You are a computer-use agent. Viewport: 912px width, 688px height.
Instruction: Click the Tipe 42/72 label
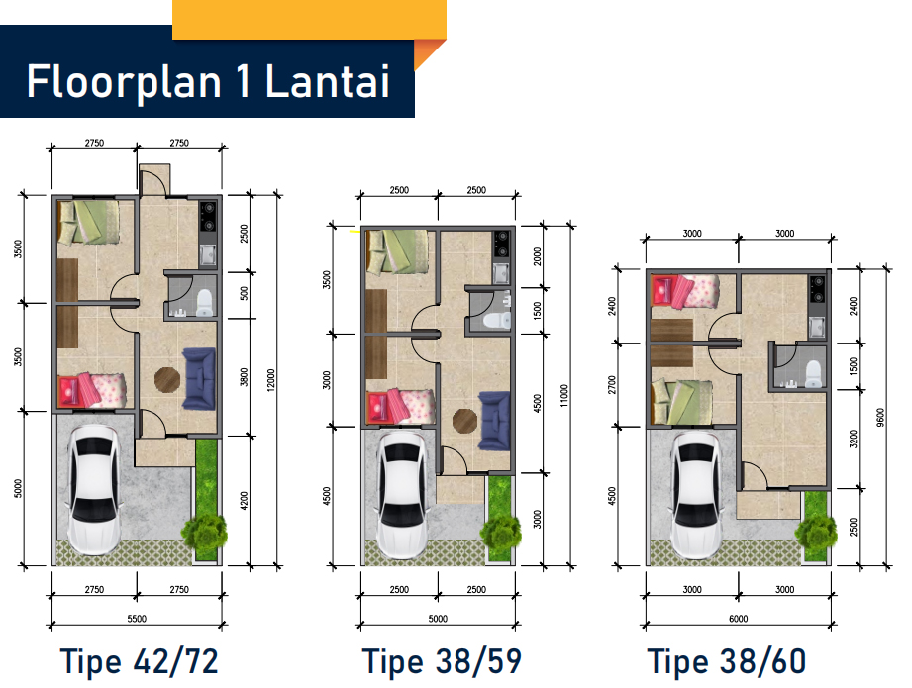pos(139,662)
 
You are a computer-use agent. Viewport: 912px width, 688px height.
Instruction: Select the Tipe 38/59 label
pos(442,662)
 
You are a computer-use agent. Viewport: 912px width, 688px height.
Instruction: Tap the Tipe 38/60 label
pos(727,662)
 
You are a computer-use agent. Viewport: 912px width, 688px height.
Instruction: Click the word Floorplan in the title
pos(124,82)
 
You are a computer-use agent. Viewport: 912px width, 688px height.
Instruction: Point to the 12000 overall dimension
pos(271,380)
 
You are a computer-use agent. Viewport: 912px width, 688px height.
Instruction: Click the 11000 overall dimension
pos(563,395)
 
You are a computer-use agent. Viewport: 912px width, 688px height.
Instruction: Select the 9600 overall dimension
pos(880,417)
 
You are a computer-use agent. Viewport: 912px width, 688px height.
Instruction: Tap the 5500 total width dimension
pos(137,619)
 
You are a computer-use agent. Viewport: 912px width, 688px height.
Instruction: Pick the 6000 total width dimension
pos(738,619)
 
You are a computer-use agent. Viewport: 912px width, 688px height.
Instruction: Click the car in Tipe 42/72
pos(95,489)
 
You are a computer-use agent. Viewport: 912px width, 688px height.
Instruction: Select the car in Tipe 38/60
pos(697,495)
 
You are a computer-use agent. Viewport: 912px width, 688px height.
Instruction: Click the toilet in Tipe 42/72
pos(204,302)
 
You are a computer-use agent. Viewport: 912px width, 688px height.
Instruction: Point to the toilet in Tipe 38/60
pos(813,374)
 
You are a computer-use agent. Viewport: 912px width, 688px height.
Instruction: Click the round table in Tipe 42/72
pos(167,380)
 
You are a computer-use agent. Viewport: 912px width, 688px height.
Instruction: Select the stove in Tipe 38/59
pos(501,245)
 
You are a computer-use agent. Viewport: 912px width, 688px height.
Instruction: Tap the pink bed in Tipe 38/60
pos(685,291)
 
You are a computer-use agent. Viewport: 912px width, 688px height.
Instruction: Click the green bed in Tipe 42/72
pos(88,222)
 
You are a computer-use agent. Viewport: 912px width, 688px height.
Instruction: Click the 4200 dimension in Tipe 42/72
pos(244,501)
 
